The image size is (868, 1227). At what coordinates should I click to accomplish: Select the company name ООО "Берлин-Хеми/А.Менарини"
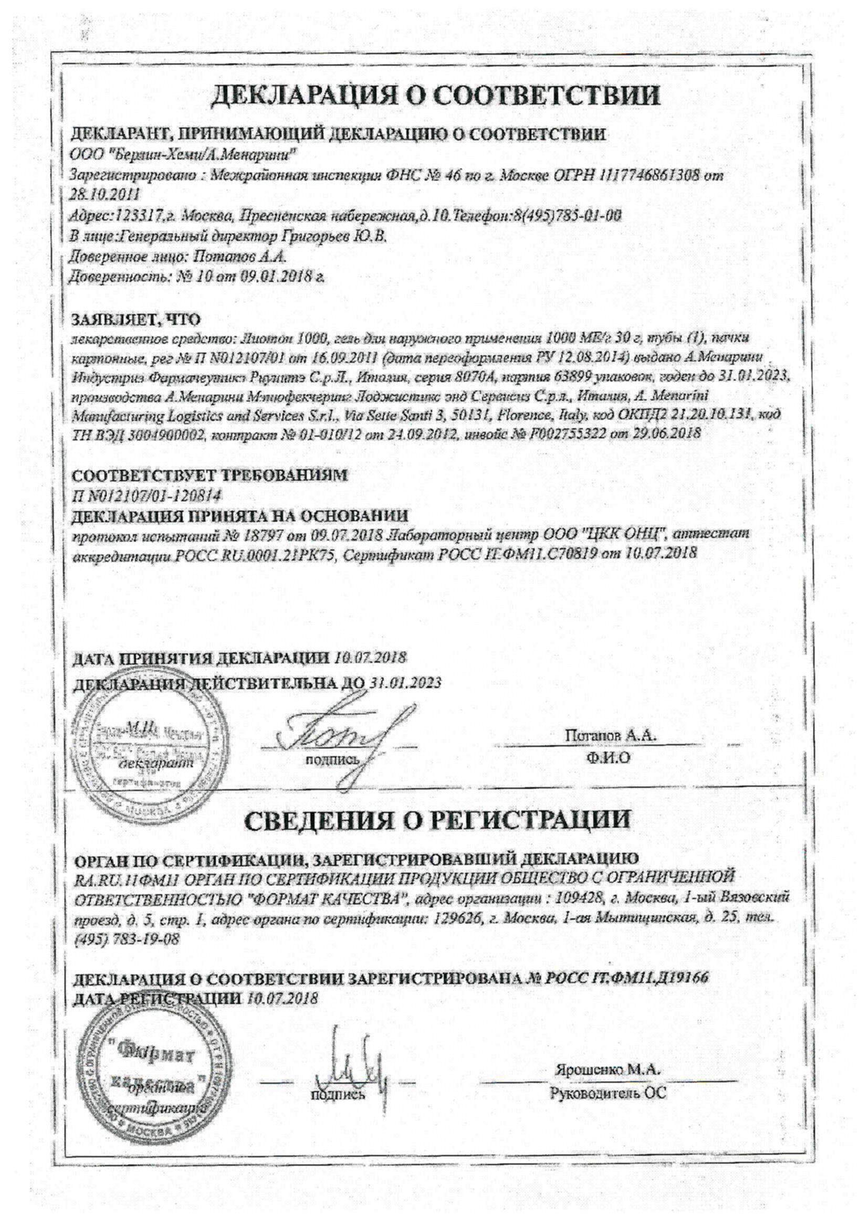coord(183,155)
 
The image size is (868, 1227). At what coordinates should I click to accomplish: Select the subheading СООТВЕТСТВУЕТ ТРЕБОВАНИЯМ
coord(209,475)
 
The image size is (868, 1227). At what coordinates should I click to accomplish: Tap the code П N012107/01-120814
coord(146,495)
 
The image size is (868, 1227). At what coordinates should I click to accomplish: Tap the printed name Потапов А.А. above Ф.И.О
coord(611,735)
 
